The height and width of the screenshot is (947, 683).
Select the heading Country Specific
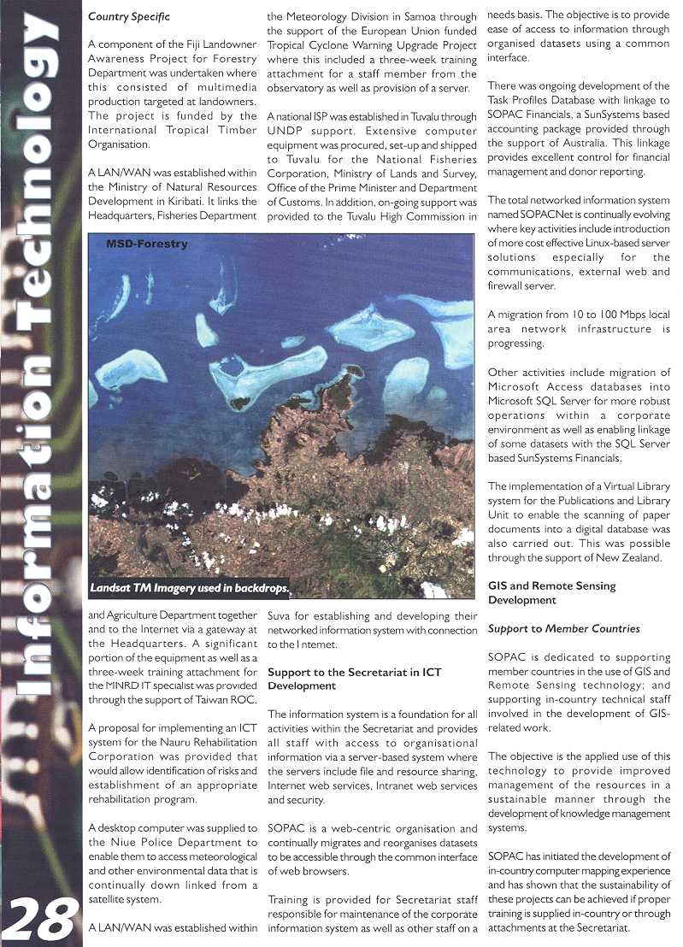129,16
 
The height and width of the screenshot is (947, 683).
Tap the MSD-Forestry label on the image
146,244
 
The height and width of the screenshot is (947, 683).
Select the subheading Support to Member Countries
563,629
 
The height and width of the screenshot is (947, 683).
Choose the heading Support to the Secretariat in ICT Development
355,679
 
